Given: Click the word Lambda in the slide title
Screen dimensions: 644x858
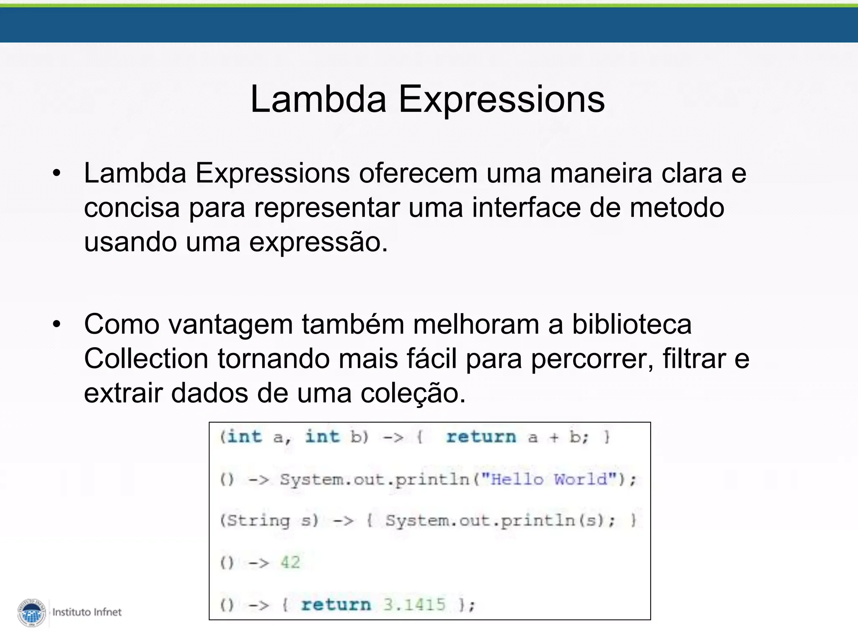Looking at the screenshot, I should [318, 99].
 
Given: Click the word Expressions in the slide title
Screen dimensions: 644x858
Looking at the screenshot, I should [501, 100].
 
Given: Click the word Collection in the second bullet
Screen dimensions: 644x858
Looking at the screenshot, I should [146, 359].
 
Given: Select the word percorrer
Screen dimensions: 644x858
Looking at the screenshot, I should [592, 360].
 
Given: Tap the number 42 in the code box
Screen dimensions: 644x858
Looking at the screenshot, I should [290, 563].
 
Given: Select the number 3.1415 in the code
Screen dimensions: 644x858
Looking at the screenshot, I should [414, 605].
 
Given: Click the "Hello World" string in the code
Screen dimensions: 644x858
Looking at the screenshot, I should [549, 479].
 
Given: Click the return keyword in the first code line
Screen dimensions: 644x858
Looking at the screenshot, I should [481, 437].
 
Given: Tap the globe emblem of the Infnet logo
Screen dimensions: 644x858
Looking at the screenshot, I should [32, 613].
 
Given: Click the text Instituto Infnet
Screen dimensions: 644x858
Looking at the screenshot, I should [87, 612].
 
